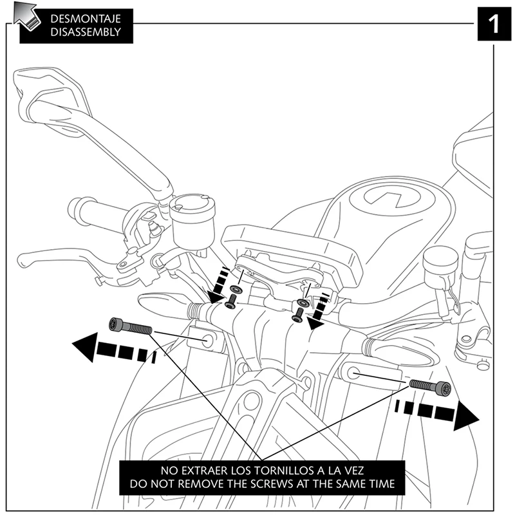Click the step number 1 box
[x=494, y=24]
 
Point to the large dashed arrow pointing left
[x=113, y=350]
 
